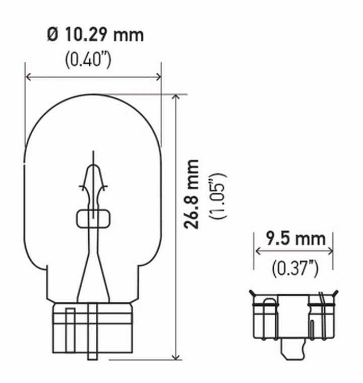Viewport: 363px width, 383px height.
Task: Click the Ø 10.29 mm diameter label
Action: point(95,35)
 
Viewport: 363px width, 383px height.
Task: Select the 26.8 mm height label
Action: point(192,194)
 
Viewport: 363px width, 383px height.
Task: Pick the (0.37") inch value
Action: point(294,268)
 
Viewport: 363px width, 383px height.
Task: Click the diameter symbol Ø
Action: point(54,35)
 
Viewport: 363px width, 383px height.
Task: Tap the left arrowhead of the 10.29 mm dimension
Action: point(28,77)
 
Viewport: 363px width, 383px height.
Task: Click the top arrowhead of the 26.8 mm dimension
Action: point(175,97)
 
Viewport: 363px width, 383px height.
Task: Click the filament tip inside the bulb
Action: point(92,154)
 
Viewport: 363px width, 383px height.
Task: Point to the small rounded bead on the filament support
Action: point(92,218)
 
